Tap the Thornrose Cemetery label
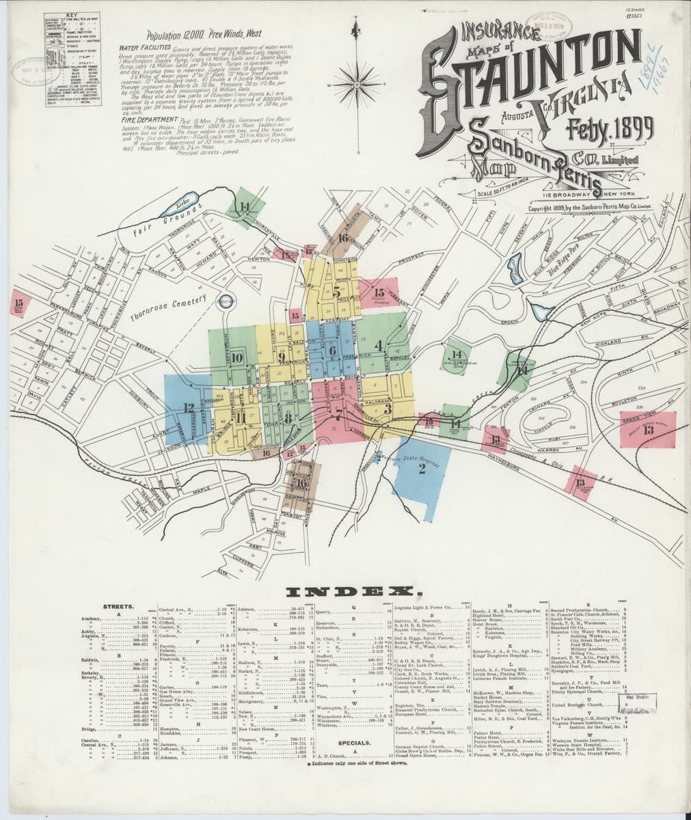pyautogui.click(x=170, y=305)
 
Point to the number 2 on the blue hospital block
pyautogui.click(x=422, y=468)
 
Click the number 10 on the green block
pyautogui.click(x=237, y=356)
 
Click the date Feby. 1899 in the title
pyautogui.click(x=610, y=128)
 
